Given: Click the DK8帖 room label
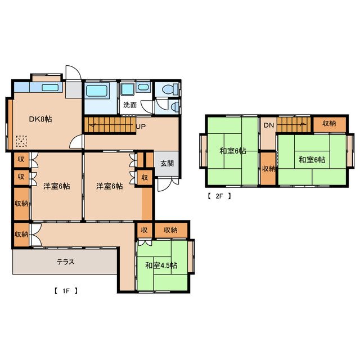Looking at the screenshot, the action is (x=40, y=119).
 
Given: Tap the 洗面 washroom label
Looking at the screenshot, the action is (x=130, y=105).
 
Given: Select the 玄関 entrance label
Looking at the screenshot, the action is (x=167, y=164).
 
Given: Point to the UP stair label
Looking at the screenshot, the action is (x=141, y=126).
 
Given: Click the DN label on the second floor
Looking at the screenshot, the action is (x=269, y=125).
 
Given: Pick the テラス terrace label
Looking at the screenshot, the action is (x=66, y=262).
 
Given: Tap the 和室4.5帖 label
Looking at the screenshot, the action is (x=161, y=265).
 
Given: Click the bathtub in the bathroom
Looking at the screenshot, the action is (x=96, y=91).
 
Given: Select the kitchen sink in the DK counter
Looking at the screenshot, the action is (x=50, y=88).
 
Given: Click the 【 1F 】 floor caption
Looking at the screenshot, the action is (x=66, y=291).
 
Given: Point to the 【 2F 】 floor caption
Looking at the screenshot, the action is (x=219, y=196).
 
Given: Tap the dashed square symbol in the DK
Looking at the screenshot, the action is (x=21, y=141).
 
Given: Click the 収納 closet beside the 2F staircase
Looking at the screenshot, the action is (x=329, y=124).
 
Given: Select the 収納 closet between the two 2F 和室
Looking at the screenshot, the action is (x=269, y=169).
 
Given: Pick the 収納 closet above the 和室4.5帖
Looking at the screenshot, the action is (x=170, y=229).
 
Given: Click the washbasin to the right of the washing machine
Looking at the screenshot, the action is (x=143, y=87).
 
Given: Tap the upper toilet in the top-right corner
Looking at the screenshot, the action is (x=169, y=89).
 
